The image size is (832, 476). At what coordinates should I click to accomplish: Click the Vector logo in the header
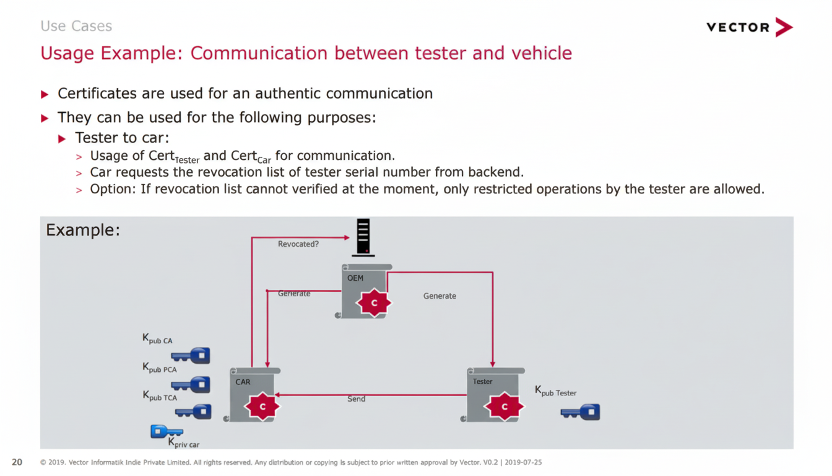tap(749, 27)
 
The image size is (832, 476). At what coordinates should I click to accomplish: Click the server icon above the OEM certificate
tap(363, 237)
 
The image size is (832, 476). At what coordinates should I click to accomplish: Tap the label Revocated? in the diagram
tap(298, 244)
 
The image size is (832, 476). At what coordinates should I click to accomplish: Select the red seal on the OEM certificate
tap(374, 303)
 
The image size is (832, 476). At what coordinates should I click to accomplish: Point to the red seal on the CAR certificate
tap(262, 407)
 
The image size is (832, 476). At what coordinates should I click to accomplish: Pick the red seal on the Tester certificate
tap(504, 407)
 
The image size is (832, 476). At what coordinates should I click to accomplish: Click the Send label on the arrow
tap(357, 399)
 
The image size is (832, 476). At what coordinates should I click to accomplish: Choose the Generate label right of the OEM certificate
tap(440, 296)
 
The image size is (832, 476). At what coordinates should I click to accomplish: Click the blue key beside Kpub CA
tap(191, 356)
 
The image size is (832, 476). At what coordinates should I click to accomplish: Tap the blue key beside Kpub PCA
tap(191, 385)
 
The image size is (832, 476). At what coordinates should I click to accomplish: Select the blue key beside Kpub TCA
tap(194, 412)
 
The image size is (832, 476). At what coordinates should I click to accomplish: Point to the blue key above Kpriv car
tap(166, 431)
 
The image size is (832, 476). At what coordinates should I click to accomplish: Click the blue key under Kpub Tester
tap(581, 412)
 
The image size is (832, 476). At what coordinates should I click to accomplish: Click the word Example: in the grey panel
tap(83, 231)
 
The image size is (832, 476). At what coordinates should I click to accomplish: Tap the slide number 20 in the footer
tap(17, 462)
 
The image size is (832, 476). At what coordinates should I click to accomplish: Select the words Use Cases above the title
tap(76, 26)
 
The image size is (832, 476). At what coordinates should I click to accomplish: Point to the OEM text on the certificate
tap(355, 278)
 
